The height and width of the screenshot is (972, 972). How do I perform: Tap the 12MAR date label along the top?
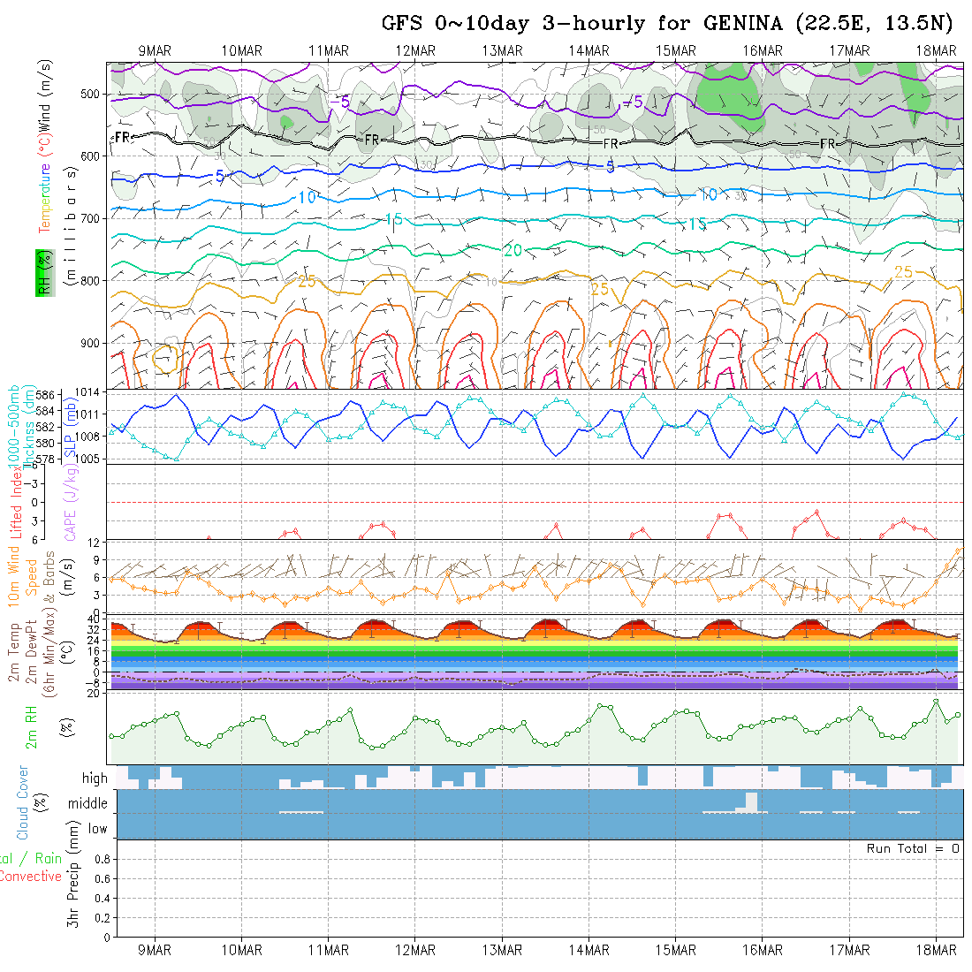(415, 50)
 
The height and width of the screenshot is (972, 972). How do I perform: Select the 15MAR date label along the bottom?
(676, 950)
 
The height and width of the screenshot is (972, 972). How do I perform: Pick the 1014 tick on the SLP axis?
(91, 392)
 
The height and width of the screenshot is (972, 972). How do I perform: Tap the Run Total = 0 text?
(913, 848)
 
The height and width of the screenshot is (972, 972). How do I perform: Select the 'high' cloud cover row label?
(95, 778)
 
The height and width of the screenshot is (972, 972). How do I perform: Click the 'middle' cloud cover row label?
(88, 804)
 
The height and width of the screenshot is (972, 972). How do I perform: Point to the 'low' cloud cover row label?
(97, 829)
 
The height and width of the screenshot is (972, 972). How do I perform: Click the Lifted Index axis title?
(16, 498)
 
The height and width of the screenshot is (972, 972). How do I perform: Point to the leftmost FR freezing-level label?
(123, 138)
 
